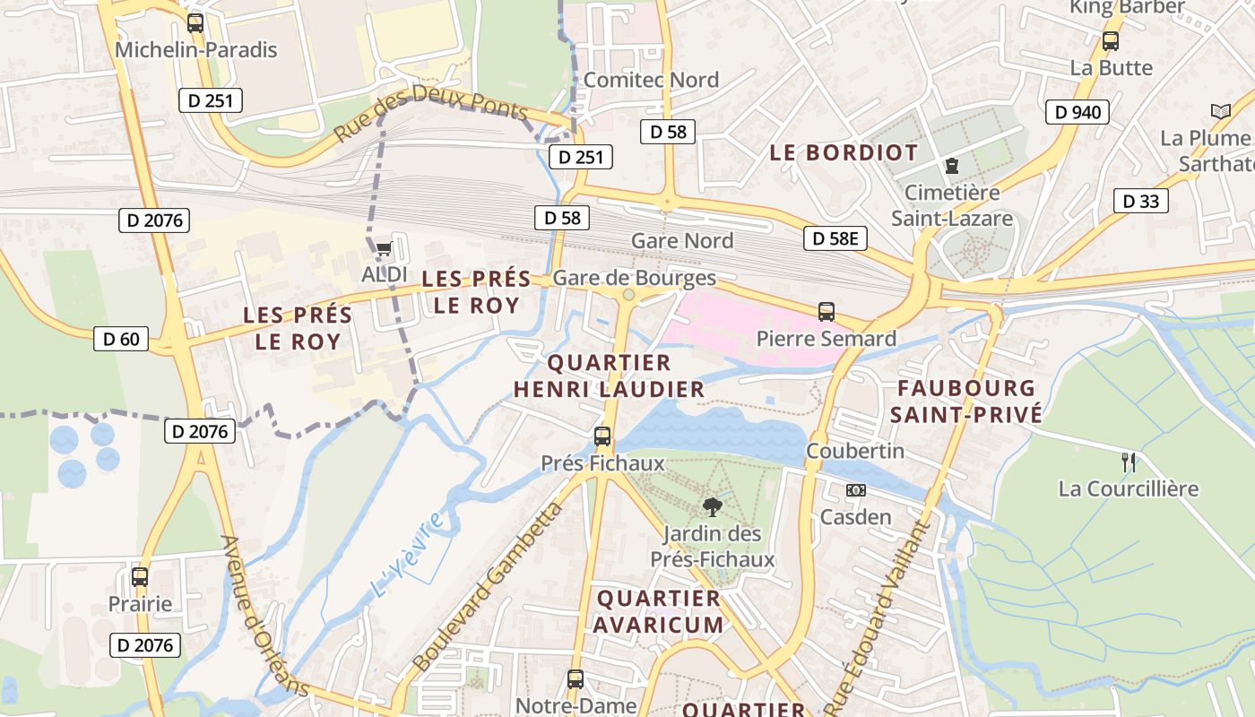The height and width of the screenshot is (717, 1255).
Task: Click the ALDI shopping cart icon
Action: pos(385,247)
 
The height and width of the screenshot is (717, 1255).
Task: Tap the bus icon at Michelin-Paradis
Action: pos(195,23)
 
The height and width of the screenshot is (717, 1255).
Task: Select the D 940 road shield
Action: pos(1077,112)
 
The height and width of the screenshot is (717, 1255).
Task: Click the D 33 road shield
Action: pos(1141,201)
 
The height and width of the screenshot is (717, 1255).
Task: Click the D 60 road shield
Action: pos(121,339)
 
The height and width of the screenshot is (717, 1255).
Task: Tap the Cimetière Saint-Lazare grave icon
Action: pos(951,166)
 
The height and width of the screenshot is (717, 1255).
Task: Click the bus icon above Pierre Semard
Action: pos(827,312)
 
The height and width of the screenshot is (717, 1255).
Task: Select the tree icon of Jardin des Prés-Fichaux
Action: pos(712,507)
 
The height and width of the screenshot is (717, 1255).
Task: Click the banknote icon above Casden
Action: pos(856,490)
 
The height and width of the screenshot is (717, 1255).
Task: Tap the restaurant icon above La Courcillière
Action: pos(1129,462)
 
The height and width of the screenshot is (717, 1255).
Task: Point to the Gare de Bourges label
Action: pos(634,278)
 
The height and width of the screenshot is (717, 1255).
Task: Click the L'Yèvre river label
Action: pos(407,555)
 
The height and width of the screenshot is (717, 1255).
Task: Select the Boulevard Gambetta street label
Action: pos(488,588)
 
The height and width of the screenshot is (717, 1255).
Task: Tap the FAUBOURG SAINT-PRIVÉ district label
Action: pos(966,402)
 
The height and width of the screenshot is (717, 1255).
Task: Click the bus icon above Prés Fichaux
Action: pos(602,436)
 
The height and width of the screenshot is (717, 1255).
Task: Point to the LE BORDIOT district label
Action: pos(844,152)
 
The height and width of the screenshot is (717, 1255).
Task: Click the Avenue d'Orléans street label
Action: pos(265,616)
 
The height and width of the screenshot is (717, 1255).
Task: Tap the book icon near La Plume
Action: pos(1220,111)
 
